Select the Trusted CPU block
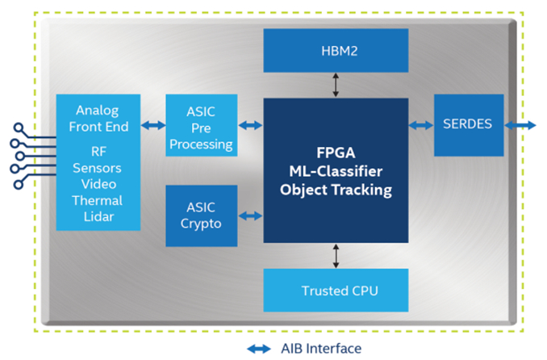(336, 291)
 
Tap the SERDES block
(469, 125)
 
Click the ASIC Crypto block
(201, 216)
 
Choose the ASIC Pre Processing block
(201, 125)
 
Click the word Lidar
(98, 216)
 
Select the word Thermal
(98, 200)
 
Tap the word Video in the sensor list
(98, 185)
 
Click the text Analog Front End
(98, 117)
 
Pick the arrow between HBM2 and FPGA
(336, 84)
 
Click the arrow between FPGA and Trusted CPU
(336, 256)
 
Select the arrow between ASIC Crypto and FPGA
(251, 216)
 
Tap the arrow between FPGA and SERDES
(421, 125)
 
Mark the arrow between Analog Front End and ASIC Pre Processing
(152, 125)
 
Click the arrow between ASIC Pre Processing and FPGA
(251, 125)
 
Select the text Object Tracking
(336, 190)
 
